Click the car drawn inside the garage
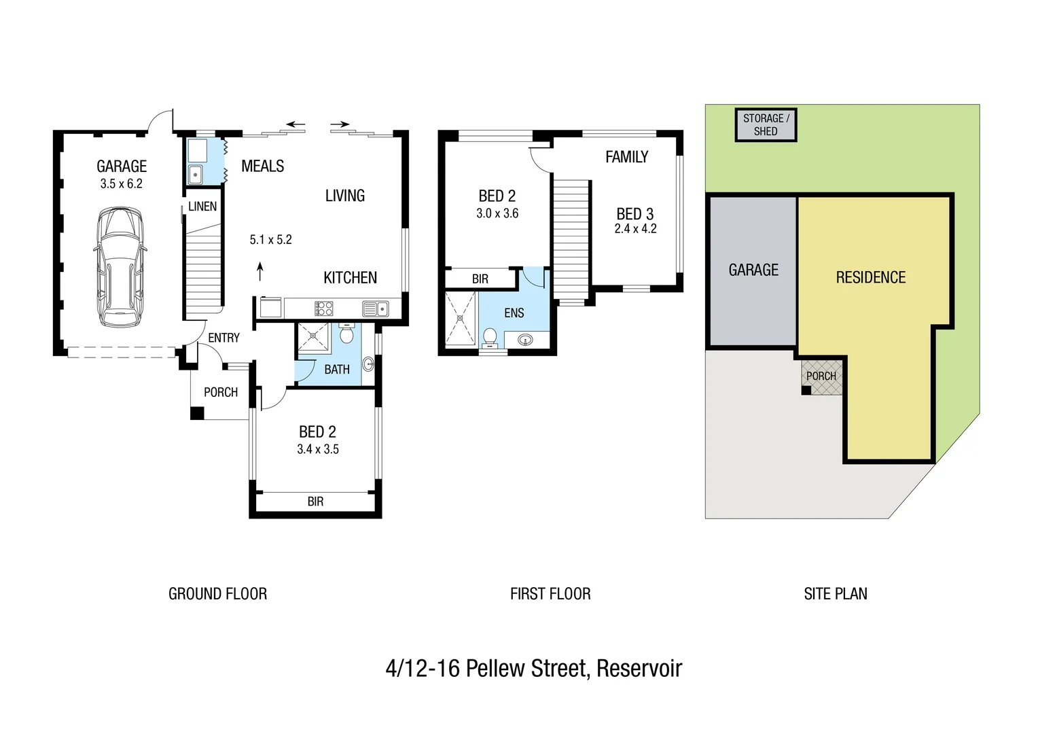click(x=119, y=267)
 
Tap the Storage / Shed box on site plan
click(x=766, y=125)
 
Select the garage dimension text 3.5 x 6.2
click(x=121, y=183)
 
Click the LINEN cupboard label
click(x=202, y=207)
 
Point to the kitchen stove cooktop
click(x=323, y=309)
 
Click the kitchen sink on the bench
click(x=374, y=309)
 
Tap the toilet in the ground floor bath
click(x=346, y=334)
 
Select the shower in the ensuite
click(x=461, y=318)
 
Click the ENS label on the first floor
click(x=514, y=313)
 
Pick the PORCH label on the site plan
click(x=821, y=376)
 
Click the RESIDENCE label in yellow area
click(x=870, y=277)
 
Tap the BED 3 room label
click(x=634, y=214)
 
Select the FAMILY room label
click(x=626, y=157)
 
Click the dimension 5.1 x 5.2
click(x=270, y=239)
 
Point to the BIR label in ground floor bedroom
click(x=315, y=502)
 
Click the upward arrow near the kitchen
click(x=259, y=272)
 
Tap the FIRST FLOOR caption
click(x=550, y=594)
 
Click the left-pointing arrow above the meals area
click(x=296, y=124)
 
